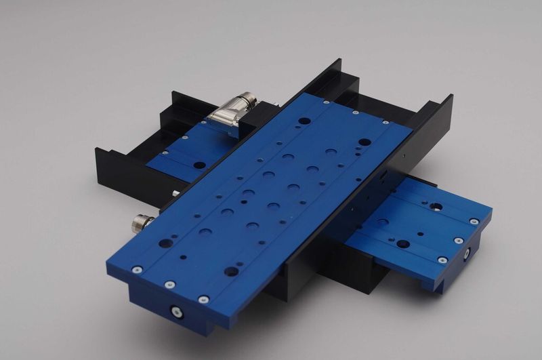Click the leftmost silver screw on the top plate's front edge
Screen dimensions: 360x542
click(x=137, y=269)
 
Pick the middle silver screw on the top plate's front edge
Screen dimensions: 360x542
click(x=169, y=284)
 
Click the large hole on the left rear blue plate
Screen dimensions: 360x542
click(x=199, y=164)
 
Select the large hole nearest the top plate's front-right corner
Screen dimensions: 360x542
click(x=231, y=271)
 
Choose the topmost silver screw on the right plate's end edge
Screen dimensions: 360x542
click(x=474, y=221)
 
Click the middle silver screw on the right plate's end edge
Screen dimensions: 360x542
click(x=459, y=241)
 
